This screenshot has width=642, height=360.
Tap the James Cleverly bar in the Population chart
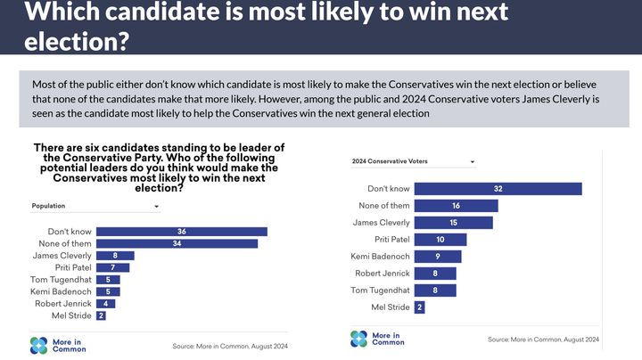[115, 256]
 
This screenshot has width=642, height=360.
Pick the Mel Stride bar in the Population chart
[101, 315]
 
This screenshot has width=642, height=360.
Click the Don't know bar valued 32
[498, 189]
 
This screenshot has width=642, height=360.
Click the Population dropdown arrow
[157, 207]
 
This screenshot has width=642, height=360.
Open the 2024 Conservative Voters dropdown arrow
[472, 162]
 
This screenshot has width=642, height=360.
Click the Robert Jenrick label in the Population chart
[61, 303]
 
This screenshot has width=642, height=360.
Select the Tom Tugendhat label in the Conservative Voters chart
[381, 290]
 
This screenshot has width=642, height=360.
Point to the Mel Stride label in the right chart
[390, 307]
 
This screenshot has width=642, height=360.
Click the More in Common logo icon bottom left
[38, 345]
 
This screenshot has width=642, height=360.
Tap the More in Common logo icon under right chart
[358, 339]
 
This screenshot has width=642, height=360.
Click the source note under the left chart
[229, 346]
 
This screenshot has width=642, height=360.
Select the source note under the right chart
[543, 340]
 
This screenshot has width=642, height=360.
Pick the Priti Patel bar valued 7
[112, 267]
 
